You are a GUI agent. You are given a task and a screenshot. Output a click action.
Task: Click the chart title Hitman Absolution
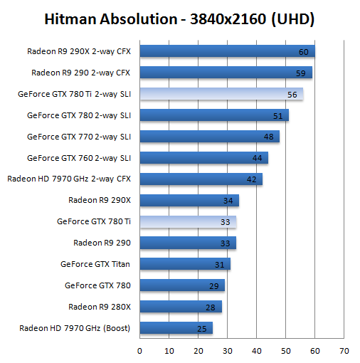(111, 19)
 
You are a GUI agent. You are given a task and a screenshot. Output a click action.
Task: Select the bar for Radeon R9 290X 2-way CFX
(227, 51)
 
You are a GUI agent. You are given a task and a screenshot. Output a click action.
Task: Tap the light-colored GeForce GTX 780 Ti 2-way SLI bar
(221, 94)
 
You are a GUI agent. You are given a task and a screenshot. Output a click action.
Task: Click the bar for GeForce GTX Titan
(185, 264)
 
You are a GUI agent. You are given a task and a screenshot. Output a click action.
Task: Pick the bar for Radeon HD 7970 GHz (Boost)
(176, 328)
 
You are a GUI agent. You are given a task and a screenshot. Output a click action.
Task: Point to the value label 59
(301, 73)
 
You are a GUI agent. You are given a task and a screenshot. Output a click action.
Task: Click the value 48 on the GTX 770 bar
(269, 137)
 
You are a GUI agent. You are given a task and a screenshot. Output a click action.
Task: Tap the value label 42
(252, 179)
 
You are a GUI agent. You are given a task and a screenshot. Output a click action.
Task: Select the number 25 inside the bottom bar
(202, 329)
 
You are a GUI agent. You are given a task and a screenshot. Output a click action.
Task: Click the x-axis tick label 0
(139, 351)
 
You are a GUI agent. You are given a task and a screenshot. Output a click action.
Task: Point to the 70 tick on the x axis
(344, 351)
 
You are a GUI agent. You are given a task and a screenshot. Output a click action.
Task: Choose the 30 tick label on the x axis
(228, 351)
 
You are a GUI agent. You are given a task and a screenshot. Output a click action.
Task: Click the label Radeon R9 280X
(100, 307)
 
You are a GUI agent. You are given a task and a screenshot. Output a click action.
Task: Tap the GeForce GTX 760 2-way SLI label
(79, 158)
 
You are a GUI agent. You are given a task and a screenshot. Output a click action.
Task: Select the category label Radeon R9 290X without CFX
(100, 200)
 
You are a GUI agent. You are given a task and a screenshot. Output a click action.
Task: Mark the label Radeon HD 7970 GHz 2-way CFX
(69, 179)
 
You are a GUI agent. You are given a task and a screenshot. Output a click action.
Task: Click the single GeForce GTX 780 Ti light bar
(188, 222)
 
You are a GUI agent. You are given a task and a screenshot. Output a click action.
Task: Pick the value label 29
(214, 286)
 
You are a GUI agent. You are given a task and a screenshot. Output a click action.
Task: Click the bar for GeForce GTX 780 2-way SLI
(214, 115)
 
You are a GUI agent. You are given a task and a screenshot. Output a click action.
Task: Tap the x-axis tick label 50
(286, 351)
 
